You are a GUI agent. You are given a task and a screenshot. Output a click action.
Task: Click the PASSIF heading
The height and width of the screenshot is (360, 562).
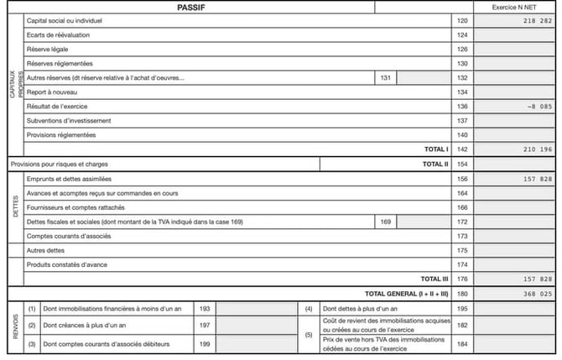(192, 7)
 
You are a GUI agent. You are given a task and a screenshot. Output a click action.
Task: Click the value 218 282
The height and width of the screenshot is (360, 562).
(537, 20)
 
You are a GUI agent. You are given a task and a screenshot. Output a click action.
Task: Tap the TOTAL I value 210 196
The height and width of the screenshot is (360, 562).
(537, 149)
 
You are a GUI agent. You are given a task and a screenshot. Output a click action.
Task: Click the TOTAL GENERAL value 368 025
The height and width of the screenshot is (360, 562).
(537, 294)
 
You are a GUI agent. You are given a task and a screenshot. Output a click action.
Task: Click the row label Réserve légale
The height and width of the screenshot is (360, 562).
(48, 50)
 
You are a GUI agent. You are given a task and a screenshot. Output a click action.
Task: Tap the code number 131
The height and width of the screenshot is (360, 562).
(385, 78)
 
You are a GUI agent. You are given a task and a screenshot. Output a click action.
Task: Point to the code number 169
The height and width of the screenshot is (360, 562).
(385, 222)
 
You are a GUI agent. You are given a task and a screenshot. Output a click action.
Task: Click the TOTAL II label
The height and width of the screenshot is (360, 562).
(435, 164)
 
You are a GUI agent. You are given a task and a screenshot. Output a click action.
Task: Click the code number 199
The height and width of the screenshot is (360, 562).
(205, 344)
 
